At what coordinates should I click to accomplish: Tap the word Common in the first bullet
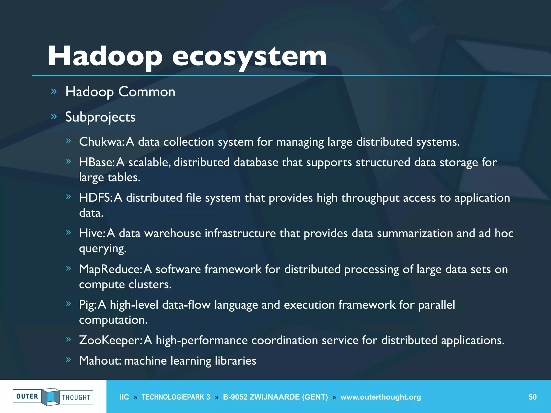147,92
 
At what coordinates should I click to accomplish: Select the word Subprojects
100,117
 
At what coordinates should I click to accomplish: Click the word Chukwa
101,142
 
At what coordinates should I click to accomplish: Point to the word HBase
97,162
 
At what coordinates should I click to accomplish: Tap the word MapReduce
110,269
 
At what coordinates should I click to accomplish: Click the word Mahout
100,361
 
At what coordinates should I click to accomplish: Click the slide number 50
532,397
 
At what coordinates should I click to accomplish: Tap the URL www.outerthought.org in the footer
380,397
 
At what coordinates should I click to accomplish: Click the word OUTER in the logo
27,396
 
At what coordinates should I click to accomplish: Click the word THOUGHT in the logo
76,398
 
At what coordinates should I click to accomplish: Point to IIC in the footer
124,397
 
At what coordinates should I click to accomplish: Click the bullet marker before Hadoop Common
54,92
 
